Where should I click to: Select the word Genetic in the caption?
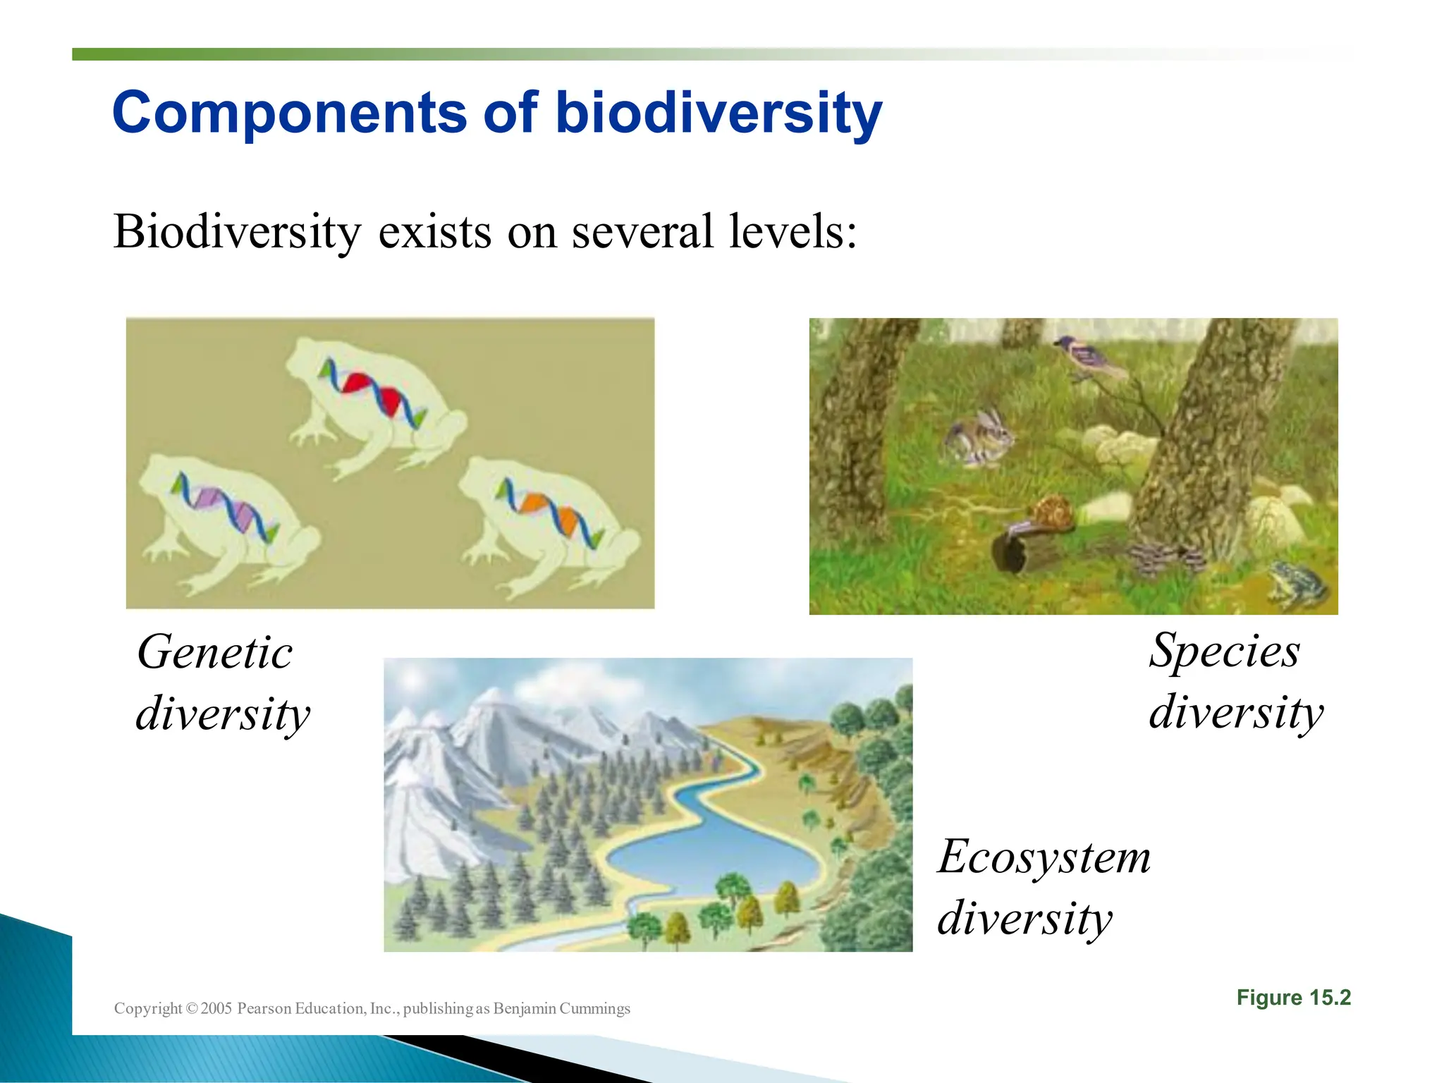(215, 651)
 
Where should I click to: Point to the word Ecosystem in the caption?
(1044, 857)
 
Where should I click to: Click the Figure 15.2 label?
(1293, 998)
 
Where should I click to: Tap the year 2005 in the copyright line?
(216, 1008)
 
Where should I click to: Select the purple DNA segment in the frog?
(209, 497)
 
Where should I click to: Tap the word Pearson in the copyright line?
(264, 1008)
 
